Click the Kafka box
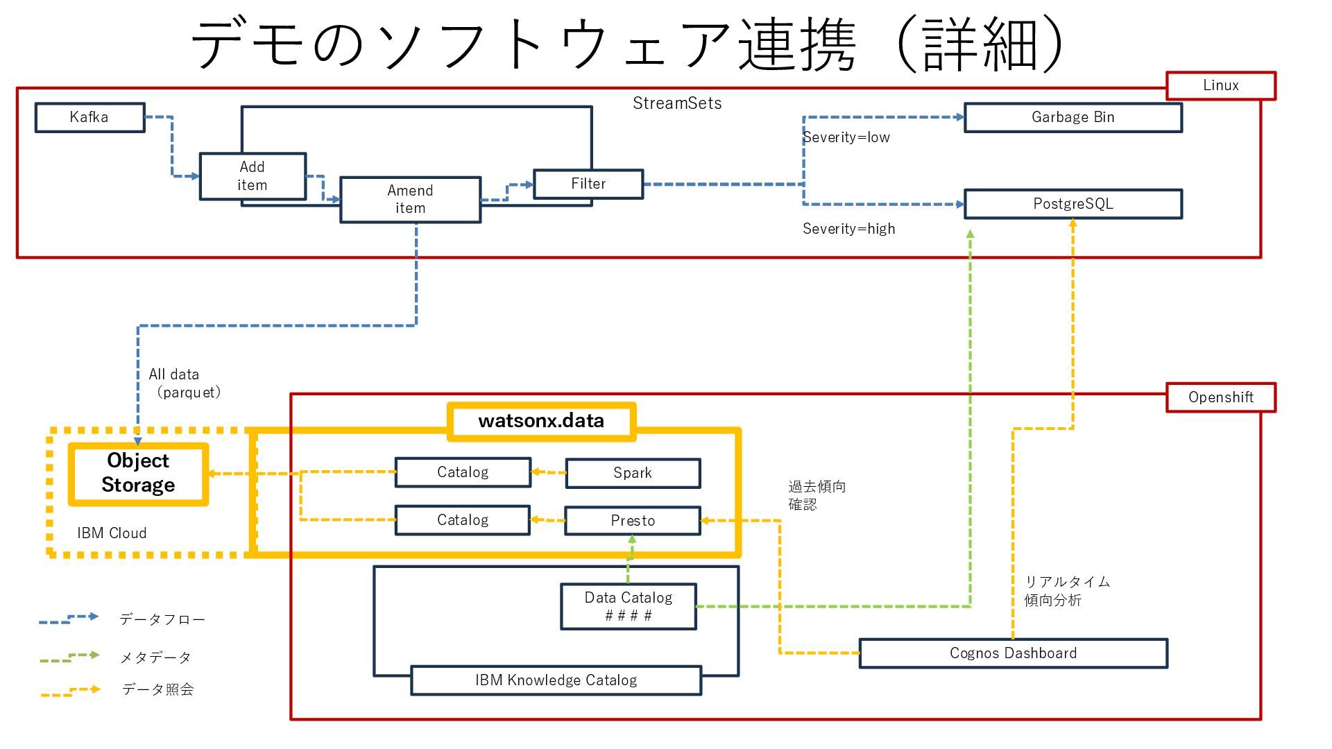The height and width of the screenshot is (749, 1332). pyautogui.click(x=89, y=117)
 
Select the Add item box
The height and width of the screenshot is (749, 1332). pyautogui.click(x=253, y=176)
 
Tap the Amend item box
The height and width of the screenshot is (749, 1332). pyautogui.click(x=410, y=199)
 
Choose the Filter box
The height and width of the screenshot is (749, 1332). pyautogui.click(x=588, y=184)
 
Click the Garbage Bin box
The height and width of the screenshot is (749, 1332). pyautogui.click(x=1073, y=117)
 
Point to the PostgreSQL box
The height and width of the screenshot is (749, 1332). pyautogui.click(x=1073, y=204)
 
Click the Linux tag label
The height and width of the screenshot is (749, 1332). pyautogui.click(x=1220, y=85)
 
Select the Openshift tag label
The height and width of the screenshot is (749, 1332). pyautogui.click(x=1220, y=397)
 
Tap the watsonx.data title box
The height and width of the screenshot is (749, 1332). pyautogui.click(x=541, y=421)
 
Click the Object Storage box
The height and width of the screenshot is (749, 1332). pyautogui.click(x=138, y=474)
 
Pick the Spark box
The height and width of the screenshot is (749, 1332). pyautogui.click(x=632, y=473)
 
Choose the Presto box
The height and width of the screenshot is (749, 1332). pyautogui.click(x=632, y=521)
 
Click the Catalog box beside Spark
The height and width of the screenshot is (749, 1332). pyautogui.click(x=463, y=472)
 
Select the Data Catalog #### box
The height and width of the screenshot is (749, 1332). pyautogui.click(x=628, y=606)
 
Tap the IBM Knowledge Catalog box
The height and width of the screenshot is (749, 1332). pyautogui.click(x=556, y=680)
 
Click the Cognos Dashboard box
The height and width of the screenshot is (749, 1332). pyautogui.click(x=1013, y=653)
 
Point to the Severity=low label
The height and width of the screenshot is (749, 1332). pyautogui.click(x=846, y=137)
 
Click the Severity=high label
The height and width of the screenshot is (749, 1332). pyautogui.click(x=848, y=229)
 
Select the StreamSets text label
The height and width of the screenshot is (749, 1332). pyautogui.click(x=677, y=103)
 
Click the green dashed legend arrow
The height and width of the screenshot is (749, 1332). pyautogui.click(x=69, y=657)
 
